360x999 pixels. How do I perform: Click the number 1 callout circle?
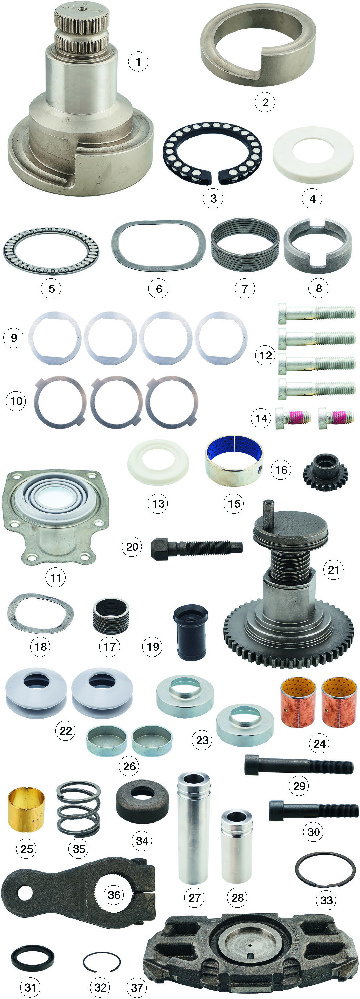click(138, 62)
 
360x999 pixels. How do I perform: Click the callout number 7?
click(244, 289)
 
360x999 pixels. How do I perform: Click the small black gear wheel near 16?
click(325, 472)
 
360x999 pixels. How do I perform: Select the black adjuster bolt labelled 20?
click(196, 547)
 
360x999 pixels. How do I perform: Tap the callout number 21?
click(333, 570)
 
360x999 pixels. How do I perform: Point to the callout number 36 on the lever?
click(114, 895)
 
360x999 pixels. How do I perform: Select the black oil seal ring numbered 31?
click(33, 958)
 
